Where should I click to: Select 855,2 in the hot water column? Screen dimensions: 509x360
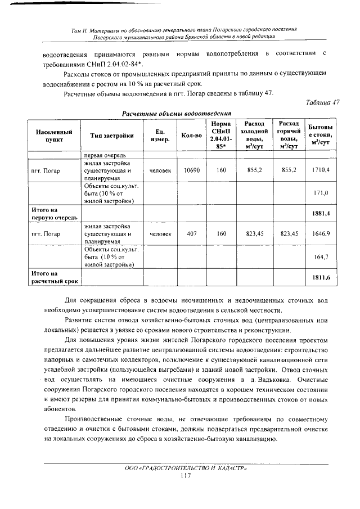coord(289,169)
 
